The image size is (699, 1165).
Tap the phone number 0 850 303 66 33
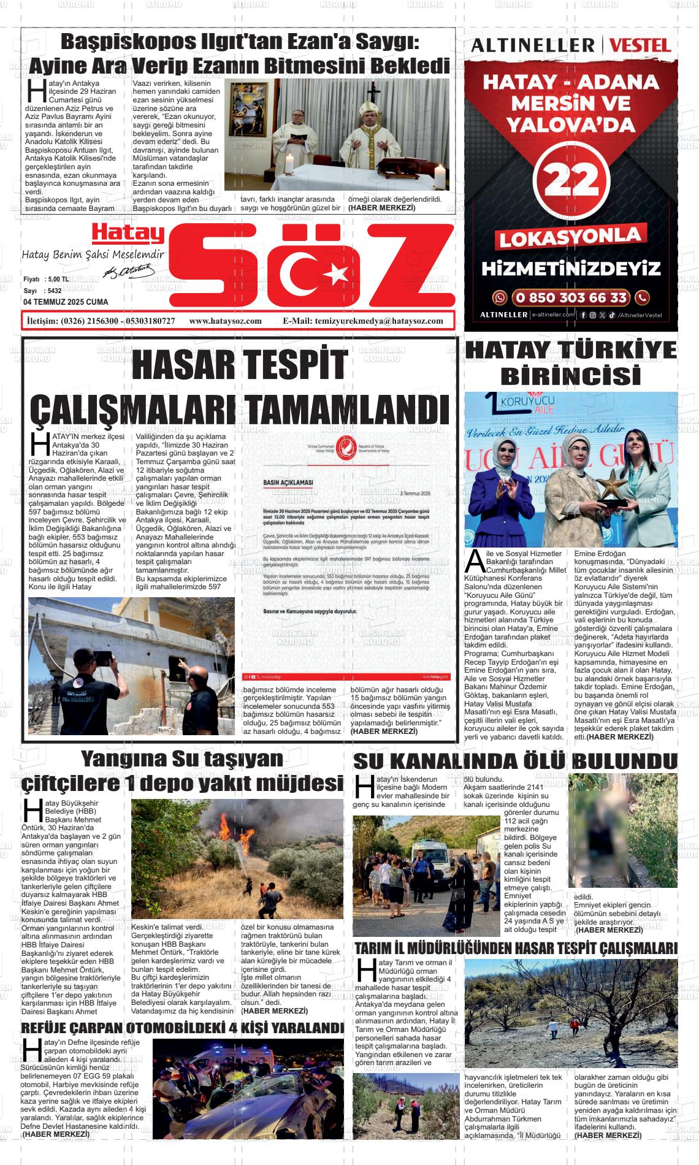click(x=571, y=298)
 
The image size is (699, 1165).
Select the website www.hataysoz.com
click(x=225, y=321)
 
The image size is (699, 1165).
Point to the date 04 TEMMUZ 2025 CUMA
click(x=66, y=302)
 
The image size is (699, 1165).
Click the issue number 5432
click(x=54, y=291)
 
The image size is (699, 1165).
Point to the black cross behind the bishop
click(x=370, y=93)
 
